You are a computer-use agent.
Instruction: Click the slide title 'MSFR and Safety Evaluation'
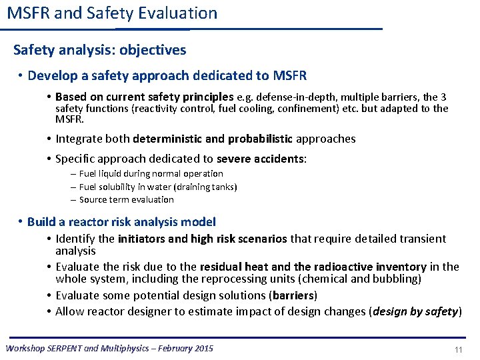click(112, 13)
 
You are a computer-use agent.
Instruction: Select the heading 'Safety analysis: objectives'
click(100, 50)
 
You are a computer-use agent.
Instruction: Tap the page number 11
click(458, 350)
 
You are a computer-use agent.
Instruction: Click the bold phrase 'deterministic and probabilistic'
click(213, 139)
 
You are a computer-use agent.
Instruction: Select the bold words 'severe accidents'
click(260, 159)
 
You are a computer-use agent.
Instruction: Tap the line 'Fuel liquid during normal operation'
click(151, 173)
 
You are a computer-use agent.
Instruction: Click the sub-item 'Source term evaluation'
click(126, 199)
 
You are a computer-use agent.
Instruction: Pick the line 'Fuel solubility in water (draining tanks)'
click(158, 187)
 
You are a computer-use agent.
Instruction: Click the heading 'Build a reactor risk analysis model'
click(121, 222)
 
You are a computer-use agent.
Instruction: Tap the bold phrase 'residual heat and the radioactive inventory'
click(302, 267)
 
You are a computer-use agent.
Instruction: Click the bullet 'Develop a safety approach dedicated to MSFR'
click(167, 75)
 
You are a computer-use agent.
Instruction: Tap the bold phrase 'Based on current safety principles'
click(145, 97)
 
